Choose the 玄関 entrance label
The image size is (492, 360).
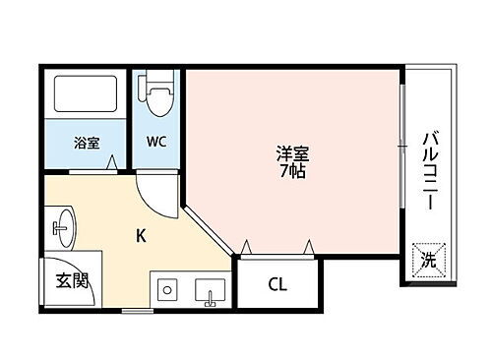point(71,280)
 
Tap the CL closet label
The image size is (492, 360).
point(277,286)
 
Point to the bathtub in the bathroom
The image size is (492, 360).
point(86,95)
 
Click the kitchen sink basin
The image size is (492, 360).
point(211,291)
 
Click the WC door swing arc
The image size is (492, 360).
point(157,192)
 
